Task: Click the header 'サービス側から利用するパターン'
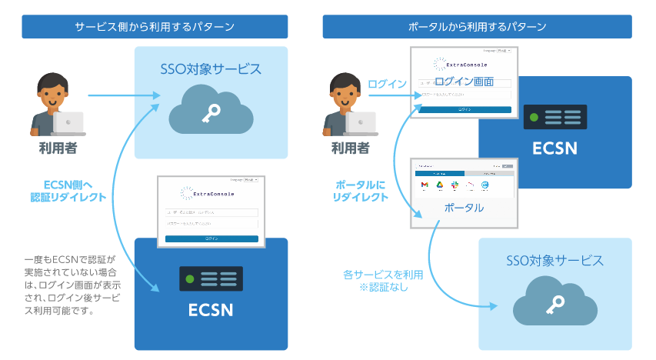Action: point(155,27)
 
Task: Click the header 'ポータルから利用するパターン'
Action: point(477,27)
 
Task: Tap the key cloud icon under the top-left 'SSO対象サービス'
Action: point(211,112)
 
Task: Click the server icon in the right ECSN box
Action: point(554,117)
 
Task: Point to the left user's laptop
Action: point(68,121)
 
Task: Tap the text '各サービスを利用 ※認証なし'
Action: point(382,281)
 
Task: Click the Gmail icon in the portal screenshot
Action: point(423,185)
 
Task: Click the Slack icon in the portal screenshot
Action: point(455,185)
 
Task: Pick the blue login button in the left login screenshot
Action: point(211,238)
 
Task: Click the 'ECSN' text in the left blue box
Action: point(211,311)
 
